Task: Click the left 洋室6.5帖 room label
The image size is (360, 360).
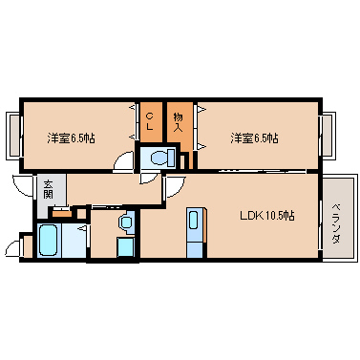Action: click(x=72, y=138)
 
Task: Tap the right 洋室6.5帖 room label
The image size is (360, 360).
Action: click(x=254, y=138)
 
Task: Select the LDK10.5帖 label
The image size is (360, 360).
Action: click(x=265, y=217)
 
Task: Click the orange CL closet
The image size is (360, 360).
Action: click(x=151, y=118)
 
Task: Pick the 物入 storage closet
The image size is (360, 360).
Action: click(x=179, y=119)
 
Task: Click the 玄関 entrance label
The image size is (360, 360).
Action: click(x=48, y=188)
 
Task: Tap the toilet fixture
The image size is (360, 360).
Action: click(x=159, y=154)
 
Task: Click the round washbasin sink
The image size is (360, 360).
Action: click(x=126, y=222)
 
